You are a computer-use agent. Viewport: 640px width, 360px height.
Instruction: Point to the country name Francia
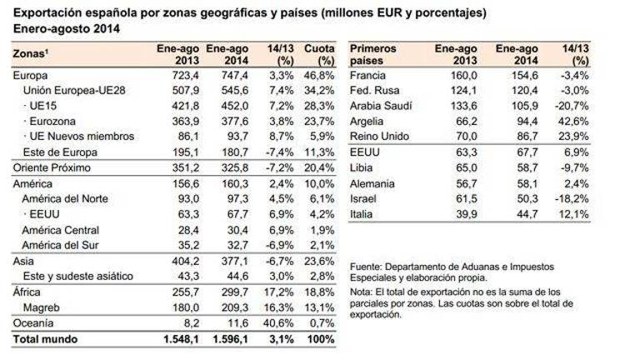(x=370, y=75)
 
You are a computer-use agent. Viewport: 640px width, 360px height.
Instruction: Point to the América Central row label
(x=61, y=230)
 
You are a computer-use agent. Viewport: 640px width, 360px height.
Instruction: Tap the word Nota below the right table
(x=362, y=292)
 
